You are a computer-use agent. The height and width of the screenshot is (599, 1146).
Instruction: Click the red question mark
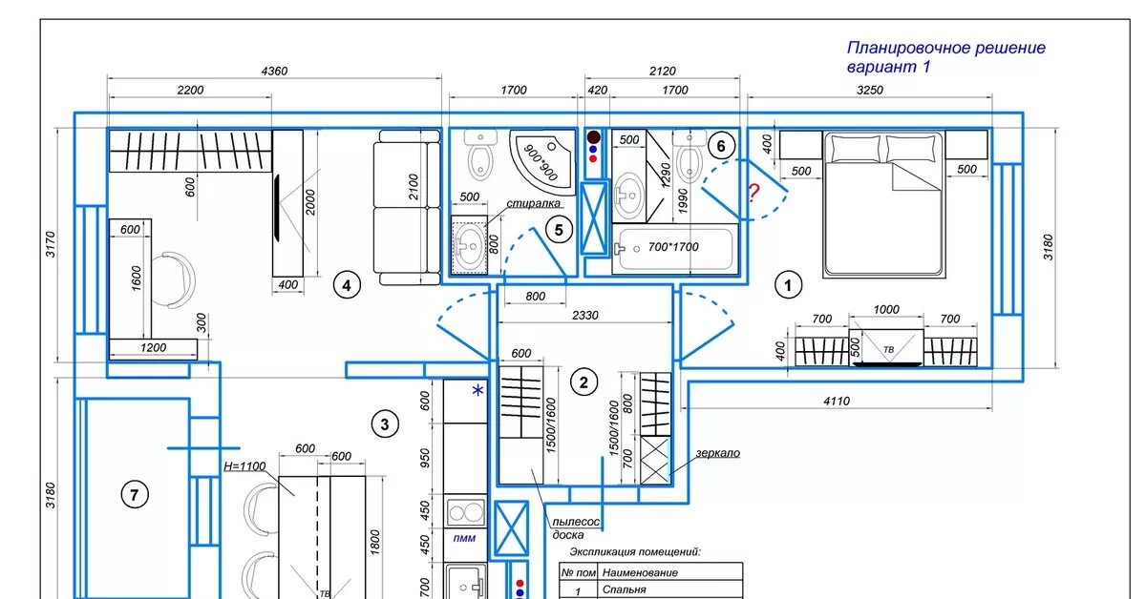[754, 193]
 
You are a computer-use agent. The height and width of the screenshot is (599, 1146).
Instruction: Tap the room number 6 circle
[721, 146]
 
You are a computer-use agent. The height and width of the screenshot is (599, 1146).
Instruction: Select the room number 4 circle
[347, 285]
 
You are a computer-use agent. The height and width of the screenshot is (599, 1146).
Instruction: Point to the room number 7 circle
[135, 495]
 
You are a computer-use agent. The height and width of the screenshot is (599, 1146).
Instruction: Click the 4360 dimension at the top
[274, 71]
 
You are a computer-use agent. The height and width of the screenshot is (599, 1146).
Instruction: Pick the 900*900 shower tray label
[541, 162]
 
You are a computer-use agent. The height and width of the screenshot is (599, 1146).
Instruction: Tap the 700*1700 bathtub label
[672, 247]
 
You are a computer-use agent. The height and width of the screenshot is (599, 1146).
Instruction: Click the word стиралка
[533, 203]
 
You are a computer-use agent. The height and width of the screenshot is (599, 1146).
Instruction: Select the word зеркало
[717, 453]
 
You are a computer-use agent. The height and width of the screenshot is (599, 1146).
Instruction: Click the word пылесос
[576, 522]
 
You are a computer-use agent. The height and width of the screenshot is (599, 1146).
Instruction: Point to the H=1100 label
[244, 466]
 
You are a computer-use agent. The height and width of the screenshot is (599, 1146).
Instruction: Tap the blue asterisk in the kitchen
[477, 390]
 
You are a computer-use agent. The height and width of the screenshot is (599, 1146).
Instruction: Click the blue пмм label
[464, 538]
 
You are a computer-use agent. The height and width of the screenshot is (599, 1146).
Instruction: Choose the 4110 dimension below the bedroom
[837, 402]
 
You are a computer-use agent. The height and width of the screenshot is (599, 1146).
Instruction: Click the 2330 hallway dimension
[584, 316]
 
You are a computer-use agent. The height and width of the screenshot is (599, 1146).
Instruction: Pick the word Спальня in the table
[625, 589]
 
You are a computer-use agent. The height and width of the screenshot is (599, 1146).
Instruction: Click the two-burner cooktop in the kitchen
[465, 511]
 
